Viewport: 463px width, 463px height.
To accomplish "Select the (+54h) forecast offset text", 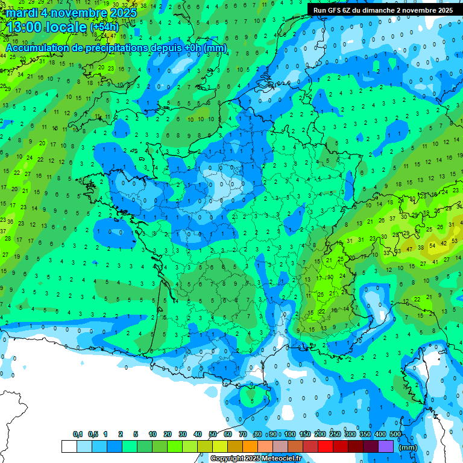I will (106, 28).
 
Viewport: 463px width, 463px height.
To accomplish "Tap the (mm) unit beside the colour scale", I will (408, 447).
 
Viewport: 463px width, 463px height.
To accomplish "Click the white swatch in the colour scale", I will (69, 446).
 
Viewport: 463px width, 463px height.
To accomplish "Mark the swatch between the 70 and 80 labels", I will (250, 446).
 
